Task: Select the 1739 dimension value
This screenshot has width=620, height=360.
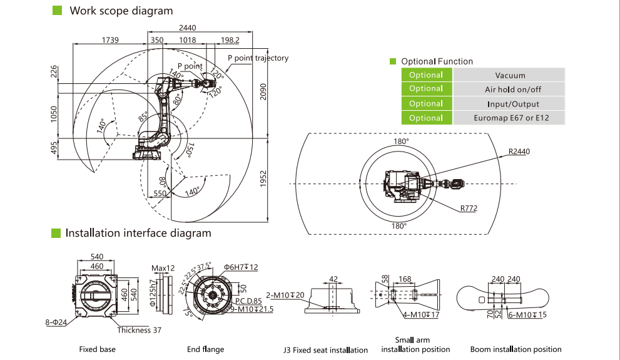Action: tap(111, 40)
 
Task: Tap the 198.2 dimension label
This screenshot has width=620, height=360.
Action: tap(230, 40)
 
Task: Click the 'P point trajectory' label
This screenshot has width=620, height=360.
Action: tap(258, 58)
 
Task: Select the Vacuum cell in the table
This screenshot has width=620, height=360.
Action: tap(509, 75)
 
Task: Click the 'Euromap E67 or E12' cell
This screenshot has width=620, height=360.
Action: tap(509, 118)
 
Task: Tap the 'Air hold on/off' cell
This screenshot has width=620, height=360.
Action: tap(509, 90)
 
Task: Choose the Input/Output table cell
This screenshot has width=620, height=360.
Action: tap(509, 104)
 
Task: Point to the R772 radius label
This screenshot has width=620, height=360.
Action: tap(469, 208)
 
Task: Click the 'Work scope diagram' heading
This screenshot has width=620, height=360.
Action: tap(121, 11)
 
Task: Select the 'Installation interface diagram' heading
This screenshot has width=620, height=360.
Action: tap(138, 233)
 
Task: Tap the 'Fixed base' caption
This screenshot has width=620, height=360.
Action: tap(97, 349)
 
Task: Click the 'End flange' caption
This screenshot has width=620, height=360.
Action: tap(205, 349)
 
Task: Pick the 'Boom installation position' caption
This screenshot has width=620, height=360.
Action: tap(517, 349)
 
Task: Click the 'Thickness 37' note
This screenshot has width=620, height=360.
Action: tap(138, 330)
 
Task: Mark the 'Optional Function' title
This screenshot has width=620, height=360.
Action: tap(437, 61)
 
